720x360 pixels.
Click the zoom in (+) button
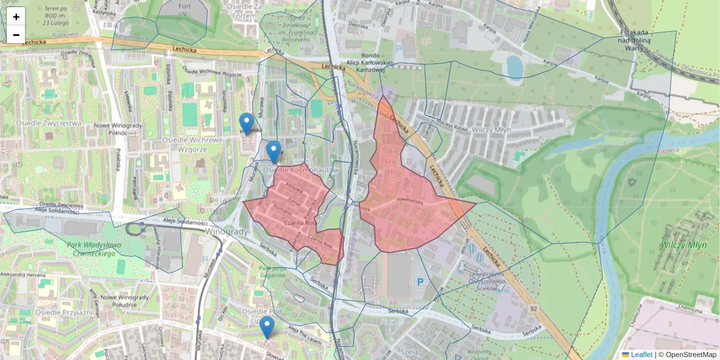(x=16, y=16)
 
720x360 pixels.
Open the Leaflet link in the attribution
(x=641, y=355)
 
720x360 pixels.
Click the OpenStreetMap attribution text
(x=691, y=355)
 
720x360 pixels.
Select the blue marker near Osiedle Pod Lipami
(x=267, y=328)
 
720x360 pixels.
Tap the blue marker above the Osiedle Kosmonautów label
(x=274, y=152)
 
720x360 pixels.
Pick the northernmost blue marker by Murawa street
(x=246, y=124)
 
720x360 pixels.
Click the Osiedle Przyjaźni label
(x=64, y=312)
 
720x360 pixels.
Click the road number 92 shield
(x=533, y=308)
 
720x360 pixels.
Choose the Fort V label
(x=184, y=8)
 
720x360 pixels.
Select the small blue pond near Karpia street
(x=514, y=67)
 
